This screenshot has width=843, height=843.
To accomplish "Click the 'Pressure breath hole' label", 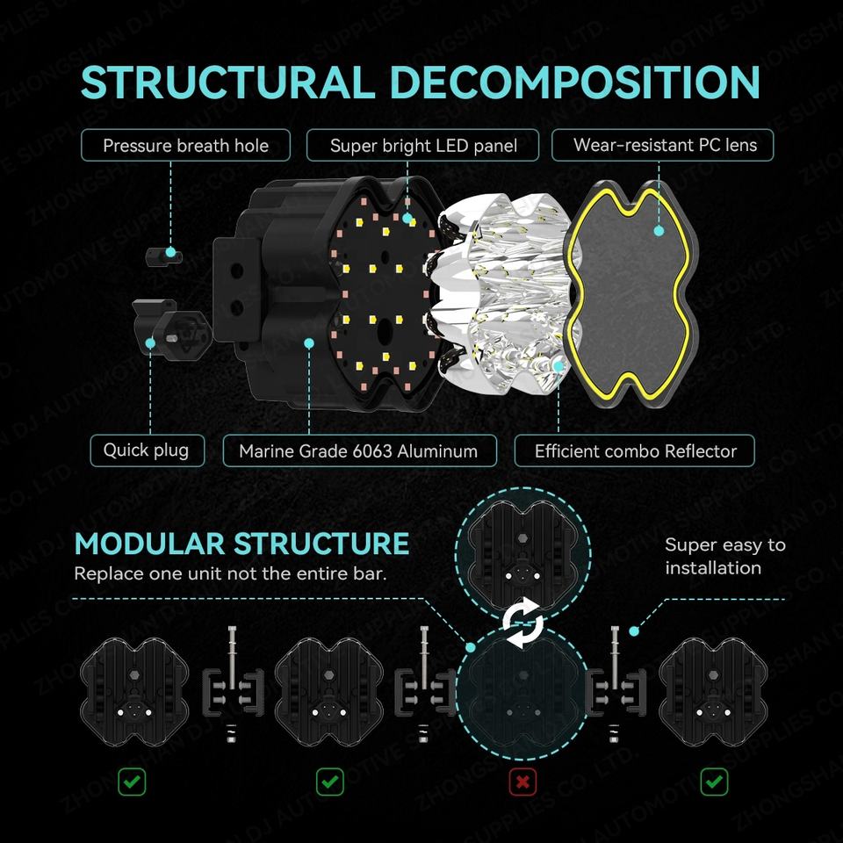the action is pos(185,145).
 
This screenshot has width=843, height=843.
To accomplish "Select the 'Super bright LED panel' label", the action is pos(423,145).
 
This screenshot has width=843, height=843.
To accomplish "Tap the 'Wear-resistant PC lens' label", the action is pos(664,145).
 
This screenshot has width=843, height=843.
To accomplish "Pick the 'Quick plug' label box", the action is pos(146,450).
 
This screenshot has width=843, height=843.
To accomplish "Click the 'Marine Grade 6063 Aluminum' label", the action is pos(358,451).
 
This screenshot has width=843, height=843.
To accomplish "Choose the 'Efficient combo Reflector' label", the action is pos(635,451).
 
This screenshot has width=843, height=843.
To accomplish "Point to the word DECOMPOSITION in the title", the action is pos(574,82).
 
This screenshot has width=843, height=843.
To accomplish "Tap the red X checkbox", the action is pos(522,782).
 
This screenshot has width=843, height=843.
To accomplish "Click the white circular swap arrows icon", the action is pos(522,624).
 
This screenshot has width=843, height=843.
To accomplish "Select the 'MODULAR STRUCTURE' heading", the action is pos(241,544).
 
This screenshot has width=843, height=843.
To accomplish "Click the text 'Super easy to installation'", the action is pos(724,556).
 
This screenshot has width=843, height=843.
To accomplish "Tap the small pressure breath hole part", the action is pos(164,255).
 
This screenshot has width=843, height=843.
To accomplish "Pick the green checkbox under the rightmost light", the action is pos(713,782).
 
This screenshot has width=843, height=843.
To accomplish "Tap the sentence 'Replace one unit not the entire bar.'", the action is pos(230,573).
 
